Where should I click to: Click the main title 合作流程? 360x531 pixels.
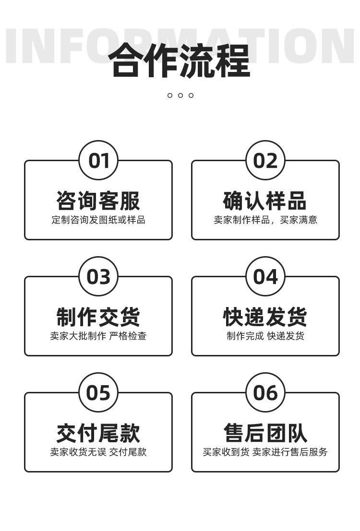point(180,60)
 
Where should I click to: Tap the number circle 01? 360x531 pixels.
point(98,161)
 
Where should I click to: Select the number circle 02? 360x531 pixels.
point(265,161)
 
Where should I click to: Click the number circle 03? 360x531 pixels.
point(98,277)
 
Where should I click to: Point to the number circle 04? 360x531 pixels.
point(265,277)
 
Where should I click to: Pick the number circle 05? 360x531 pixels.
point(98,393)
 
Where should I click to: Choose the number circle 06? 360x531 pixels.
point(265,393)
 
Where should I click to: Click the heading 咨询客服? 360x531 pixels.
point(98,201)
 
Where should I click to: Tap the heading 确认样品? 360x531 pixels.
point(265,201)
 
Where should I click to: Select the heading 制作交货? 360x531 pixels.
point(98,317)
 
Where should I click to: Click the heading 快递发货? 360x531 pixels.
point(265,317)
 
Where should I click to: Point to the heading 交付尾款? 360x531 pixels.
point(98,433)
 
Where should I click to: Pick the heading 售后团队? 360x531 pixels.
point(265,433)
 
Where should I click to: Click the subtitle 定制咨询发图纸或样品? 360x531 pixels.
point(98,220)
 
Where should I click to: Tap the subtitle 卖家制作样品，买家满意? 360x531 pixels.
point(265,220)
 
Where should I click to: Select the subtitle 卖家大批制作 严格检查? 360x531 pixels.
point(98,336)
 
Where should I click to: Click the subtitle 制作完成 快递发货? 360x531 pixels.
point(265,336)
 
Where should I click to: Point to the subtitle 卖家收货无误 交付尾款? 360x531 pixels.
point(98,452)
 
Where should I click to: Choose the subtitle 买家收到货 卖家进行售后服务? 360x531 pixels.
point(265,452)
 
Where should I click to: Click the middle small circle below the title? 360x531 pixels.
point(180,95)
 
